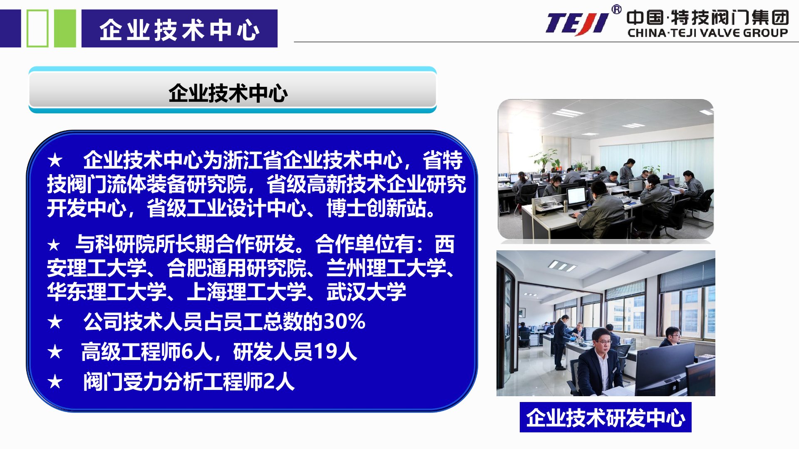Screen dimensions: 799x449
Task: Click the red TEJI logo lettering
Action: tap(577, 24)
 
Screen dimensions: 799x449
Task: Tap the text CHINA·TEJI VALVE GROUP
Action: tap(708, 33)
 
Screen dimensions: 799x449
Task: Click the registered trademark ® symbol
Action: tap(616, 10)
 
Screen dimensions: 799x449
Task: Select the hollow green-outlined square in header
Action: tap(37, 28)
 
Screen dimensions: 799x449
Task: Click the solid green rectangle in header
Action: tap(65, 28)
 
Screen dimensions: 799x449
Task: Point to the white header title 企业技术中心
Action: tap(179, 30)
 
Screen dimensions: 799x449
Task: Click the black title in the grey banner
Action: tap(228, 93)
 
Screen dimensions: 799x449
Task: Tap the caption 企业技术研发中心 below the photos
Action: tap(605, 417)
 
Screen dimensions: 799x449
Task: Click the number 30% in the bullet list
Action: tap(345, 321)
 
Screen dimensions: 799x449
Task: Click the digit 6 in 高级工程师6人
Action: tap(187, 352)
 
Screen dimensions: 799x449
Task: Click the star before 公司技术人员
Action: tap(55, 322)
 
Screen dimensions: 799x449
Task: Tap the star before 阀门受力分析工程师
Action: tap(55, 382)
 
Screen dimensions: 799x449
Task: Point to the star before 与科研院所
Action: tap(54, 245)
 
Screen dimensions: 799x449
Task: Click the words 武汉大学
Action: tap(366, 291)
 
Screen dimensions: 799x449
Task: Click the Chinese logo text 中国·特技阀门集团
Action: tap(707, 17)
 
